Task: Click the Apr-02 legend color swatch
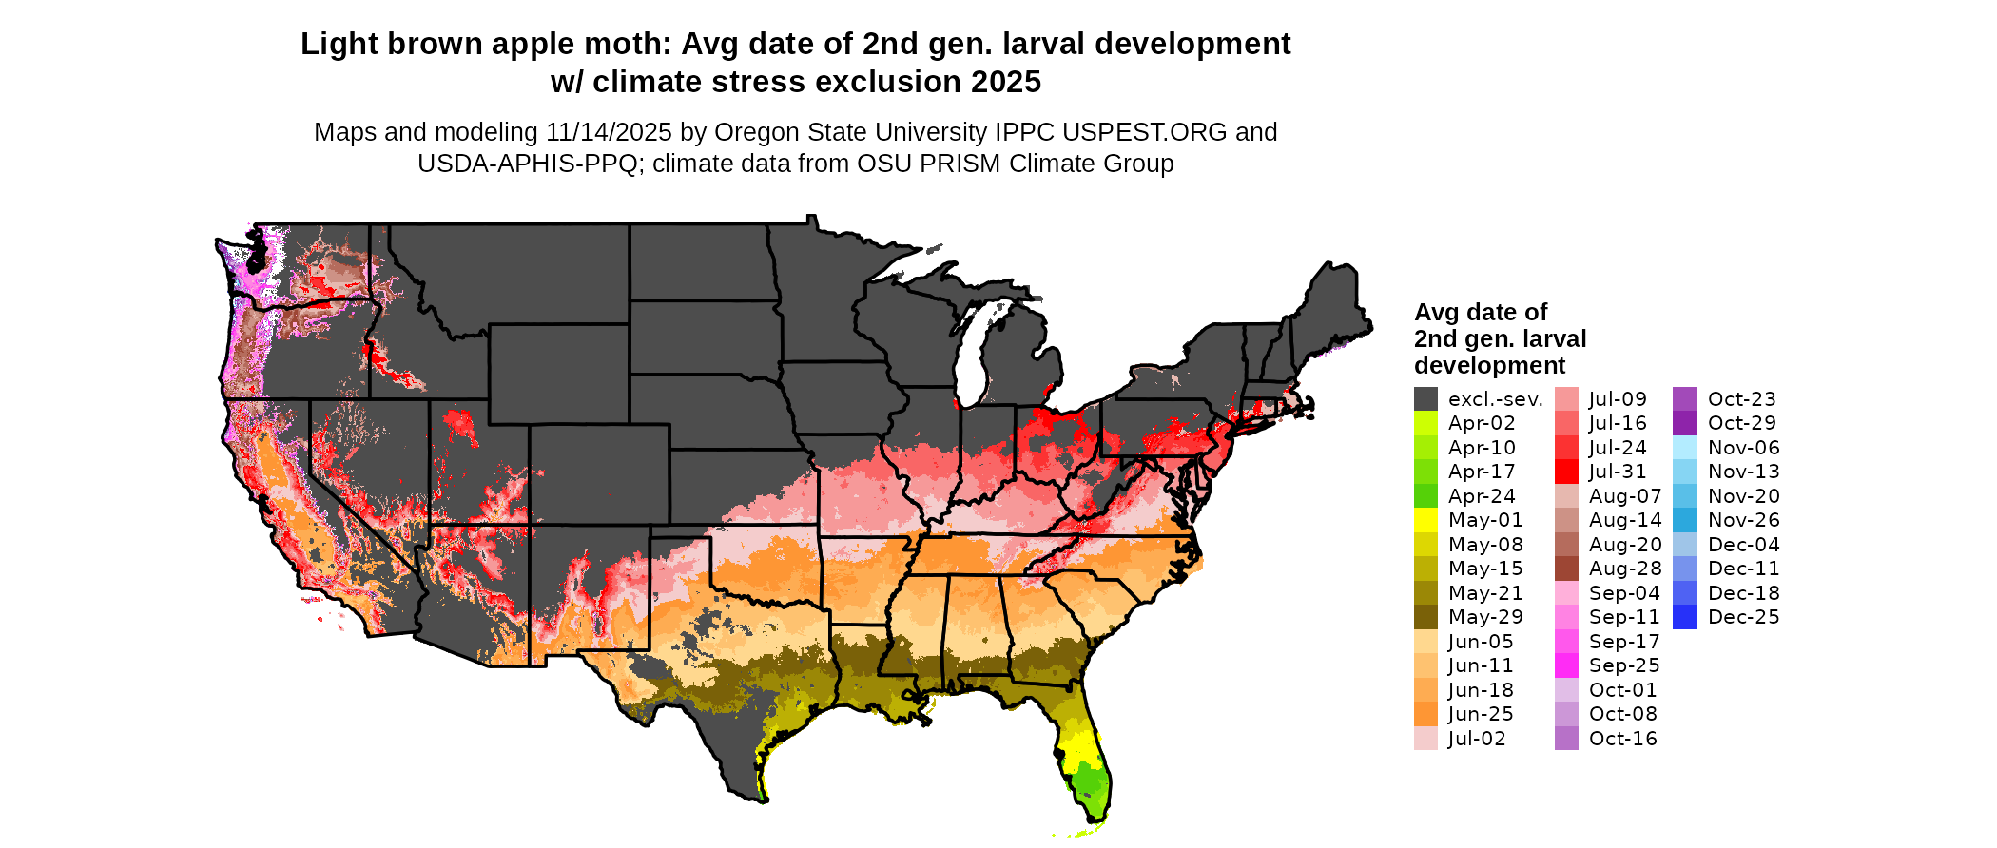pyautogui.click(x=1425, y=423)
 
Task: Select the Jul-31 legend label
pyautogui.click(x=1618, y=472)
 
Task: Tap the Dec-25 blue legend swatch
pyautogui.click(x=1684, y=617)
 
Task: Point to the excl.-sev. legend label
pyautogui.click(x=1495, y=399)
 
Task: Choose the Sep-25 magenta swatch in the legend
pyautogui.click(x=1566, y=665)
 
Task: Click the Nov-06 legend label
pyautogui.click(x=1743, y=448)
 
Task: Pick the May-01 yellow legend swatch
pyautogui.click(x=1425, y=520)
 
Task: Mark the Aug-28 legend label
pyautogui.click(x=1625, y=569)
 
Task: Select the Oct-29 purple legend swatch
pyautogui.click(x=1684, y=423)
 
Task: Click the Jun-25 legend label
pyautogui.click(x=1481, y=714)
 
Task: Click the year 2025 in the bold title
pyautogui.click(x=1006, y=82)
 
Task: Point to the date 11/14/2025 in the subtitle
pyautogui.click(x=609, y=132)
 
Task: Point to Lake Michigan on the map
pyautogui.click(x=971, y=357)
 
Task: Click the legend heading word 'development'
pyautogui.click(x=1489, y=366)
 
